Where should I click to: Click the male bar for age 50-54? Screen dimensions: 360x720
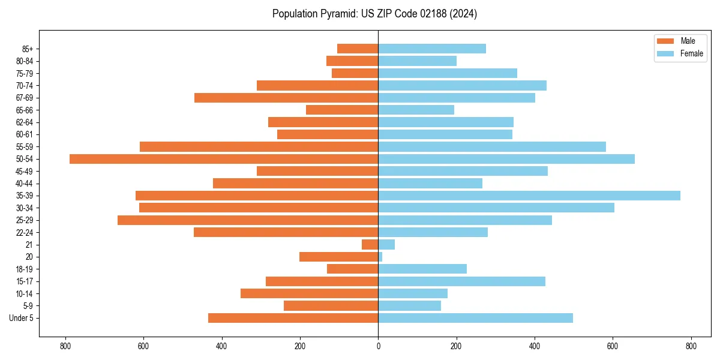coord(224,159)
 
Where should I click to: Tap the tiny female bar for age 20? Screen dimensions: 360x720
coord(380,257)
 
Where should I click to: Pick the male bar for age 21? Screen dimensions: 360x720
coord(370,245)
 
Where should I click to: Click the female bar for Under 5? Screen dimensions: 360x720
coord(475,318)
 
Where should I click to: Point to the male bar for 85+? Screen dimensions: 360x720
coord(358,49)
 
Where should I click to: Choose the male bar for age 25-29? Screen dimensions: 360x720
coord(248,220)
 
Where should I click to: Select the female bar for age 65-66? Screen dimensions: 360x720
coord(416,110)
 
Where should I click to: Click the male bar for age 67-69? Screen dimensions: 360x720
coord(286,98)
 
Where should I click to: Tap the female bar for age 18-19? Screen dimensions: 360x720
coord(422,269)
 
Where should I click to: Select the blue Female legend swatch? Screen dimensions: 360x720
coord(666,53)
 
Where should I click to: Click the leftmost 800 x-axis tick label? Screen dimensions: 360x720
coord(65,346)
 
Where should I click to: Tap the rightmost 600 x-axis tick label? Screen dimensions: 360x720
coord(613,346)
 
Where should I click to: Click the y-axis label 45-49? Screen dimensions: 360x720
coord(25,172)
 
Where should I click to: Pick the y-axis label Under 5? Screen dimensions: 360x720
coord(22,318)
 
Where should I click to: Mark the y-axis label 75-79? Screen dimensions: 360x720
coord(25,73)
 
